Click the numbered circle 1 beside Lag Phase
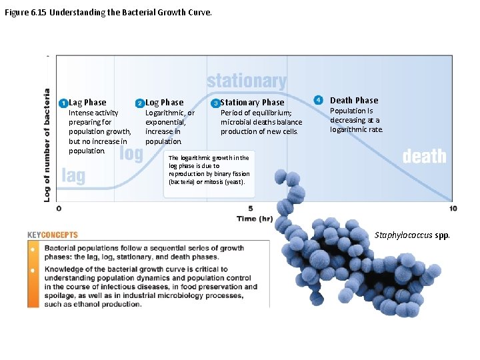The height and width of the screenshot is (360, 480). [63, 103]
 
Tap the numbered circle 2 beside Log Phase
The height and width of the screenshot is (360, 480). [139, 103]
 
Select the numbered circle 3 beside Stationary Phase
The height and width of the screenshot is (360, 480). [215, 103]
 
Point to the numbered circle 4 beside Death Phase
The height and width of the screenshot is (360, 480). [319, 100]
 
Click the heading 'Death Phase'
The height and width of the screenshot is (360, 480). [354, 101]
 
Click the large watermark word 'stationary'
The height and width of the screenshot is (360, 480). [247, 81]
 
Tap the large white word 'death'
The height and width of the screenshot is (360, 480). [424, 156]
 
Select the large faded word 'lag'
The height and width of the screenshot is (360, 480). [73, 175]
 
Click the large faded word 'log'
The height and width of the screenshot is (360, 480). [131, 153]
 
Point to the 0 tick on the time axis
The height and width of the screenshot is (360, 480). [59, 209]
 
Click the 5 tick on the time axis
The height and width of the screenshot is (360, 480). [251, 209]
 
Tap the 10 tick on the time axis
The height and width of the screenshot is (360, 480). [453, 209]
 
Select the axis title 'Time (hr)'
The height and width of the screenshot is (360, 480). [255, 219]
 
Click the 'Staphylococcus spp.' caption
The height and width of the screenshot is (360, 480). [412, 235]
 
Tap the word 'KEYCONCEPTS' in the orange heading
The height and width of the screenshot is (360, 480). [53, 235]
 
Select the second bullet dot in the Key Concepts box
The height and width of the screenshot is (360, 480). [33, 271]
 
